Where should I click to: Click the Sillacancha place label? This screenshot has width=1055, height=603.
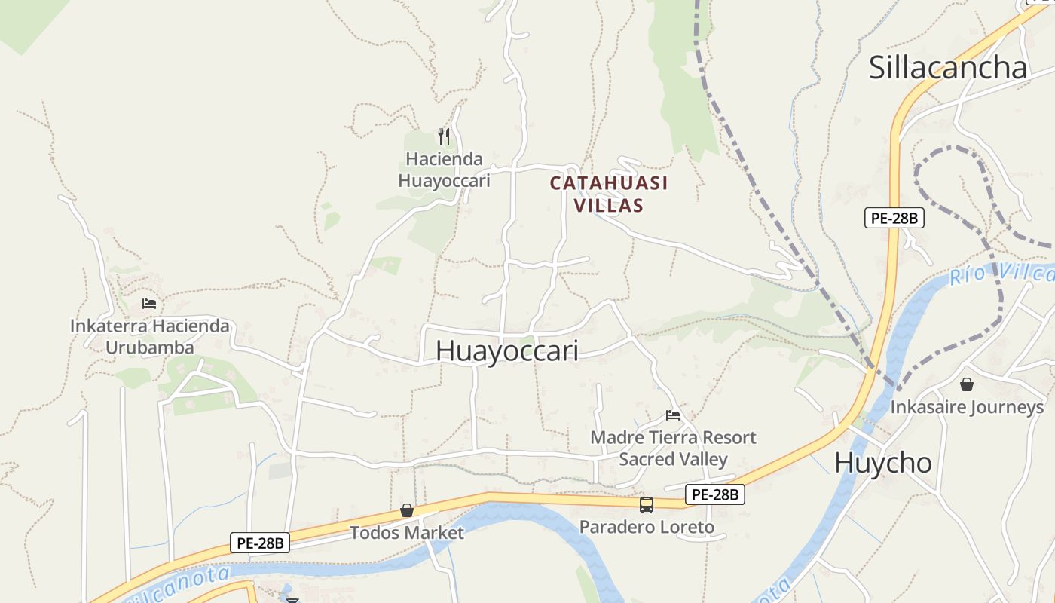[947, 67]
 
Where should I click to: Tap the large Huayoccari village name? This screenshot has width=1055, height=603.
[506, 350]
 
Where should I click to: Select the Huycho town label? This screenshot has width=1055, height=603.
[883, 462]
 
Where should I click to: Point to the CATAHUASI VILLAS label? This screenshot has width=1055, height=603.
[609, 194]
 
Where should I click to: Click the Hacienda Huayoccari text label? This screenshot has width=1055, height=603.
[444, 170]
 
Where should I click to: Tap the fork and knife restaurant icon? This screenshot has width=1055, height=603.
[444, 136]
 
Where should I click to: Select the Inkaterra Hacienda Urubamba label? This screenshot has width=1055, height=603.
[149, 337]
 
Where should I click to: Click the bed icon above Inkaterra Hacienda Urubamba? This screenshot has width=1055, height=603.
[149, 304]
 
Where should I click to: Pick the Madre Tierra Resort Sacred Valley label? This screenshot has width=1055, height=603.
[673, 448]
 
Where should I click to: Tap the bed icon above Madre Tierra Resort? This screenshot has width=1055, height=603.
[673, 415]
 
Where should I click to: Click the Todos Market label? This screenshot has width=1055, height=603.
[407, 533]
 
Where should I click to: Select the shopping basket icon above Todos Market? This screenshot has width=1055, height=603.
[407, 510]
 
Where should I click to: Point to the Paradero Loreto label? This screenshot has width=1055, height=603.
[647, 527]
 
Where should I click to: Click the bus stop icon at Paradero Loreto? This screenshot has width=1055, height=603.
[647, 505]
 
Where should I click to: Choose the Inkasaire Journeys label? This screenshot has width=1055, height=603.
[967, 407]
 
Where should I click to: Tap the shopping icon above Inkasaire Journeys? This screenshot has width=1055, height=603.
[967, 384]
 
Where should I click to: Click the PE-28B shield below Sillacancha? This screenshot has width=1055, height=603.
[894, 219]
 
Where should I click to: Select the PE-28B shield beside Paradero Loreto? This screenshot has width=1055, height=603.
[715, 494]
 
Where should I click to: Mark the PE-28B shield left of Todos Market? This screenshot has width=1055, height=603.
[260, 543]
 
